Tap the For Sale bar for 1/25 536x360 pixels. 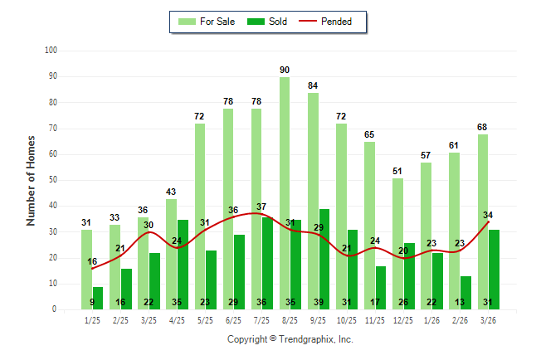pyautogui.click(x=86, y=269)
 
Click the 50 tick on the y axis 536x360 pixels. pyautogui.click(x=52, y=180)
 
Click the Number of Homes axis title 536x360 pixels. pyautogui.click(x=32, y=180)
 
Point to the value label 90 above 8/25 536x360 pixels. pyautogui.click(x=285, y=70)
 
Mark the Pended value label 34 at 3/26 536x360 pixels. pyautogui.click(x=488, y=215)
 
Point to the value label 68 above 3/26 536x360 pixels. pyautogui.click(x=482, y=127)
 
